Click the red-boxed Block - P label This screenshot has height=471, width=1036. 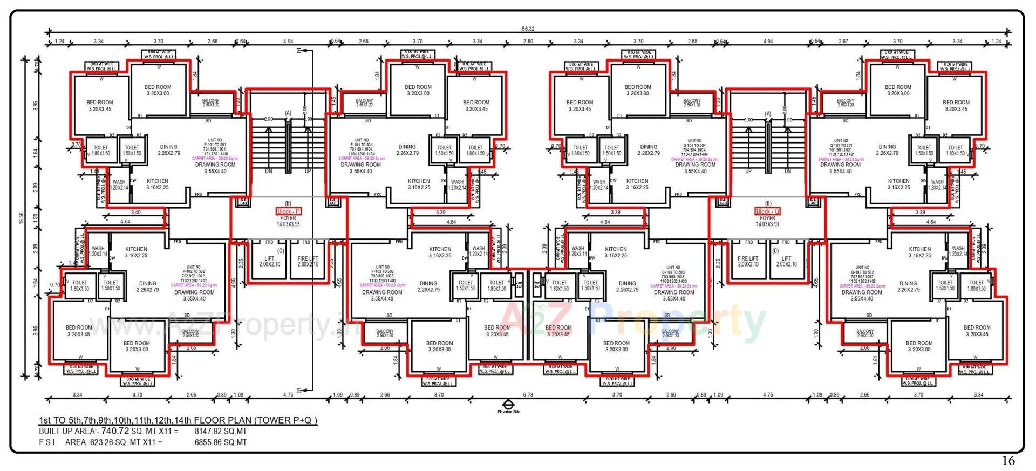tap(288, 211)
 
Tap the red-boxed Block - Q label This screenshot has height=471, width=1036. tap(767, 211)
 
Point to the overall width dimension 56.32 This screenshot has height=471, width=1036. tap(528, 29)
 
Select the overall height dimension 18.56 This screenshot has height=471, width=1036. tap(22, 218)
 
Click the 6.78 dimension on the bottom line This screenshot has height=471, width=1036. tap(528, 395)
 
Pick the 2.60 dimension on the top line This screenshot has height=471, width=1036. tap(528, 42)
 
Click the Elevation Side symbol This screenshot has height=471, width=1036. tap(508, 405)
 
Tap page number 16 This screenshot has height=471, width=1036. tap(1008, 461)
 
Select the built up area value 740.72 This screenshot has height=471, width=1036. tap(115, 431)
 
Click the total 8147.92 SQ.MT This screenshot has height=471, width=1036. tap(220, 432)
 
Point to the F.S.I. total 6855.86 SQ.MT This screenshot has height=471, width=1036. tap(220, 442)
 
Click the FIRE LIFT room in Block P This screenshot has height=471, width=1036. tap(308, 261)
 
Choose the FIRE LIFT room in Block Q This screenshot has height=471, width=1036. tap(748, 261)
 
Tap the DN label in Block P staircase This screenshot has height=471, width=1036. tap(269, 171)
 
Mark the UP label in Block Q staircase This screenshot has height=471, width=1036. tap(748, 171)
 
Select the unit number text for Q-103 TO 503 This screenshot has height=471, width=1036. tap(673, 274)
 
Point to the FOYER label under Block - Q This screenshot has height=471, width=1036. tap(767, 219)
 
